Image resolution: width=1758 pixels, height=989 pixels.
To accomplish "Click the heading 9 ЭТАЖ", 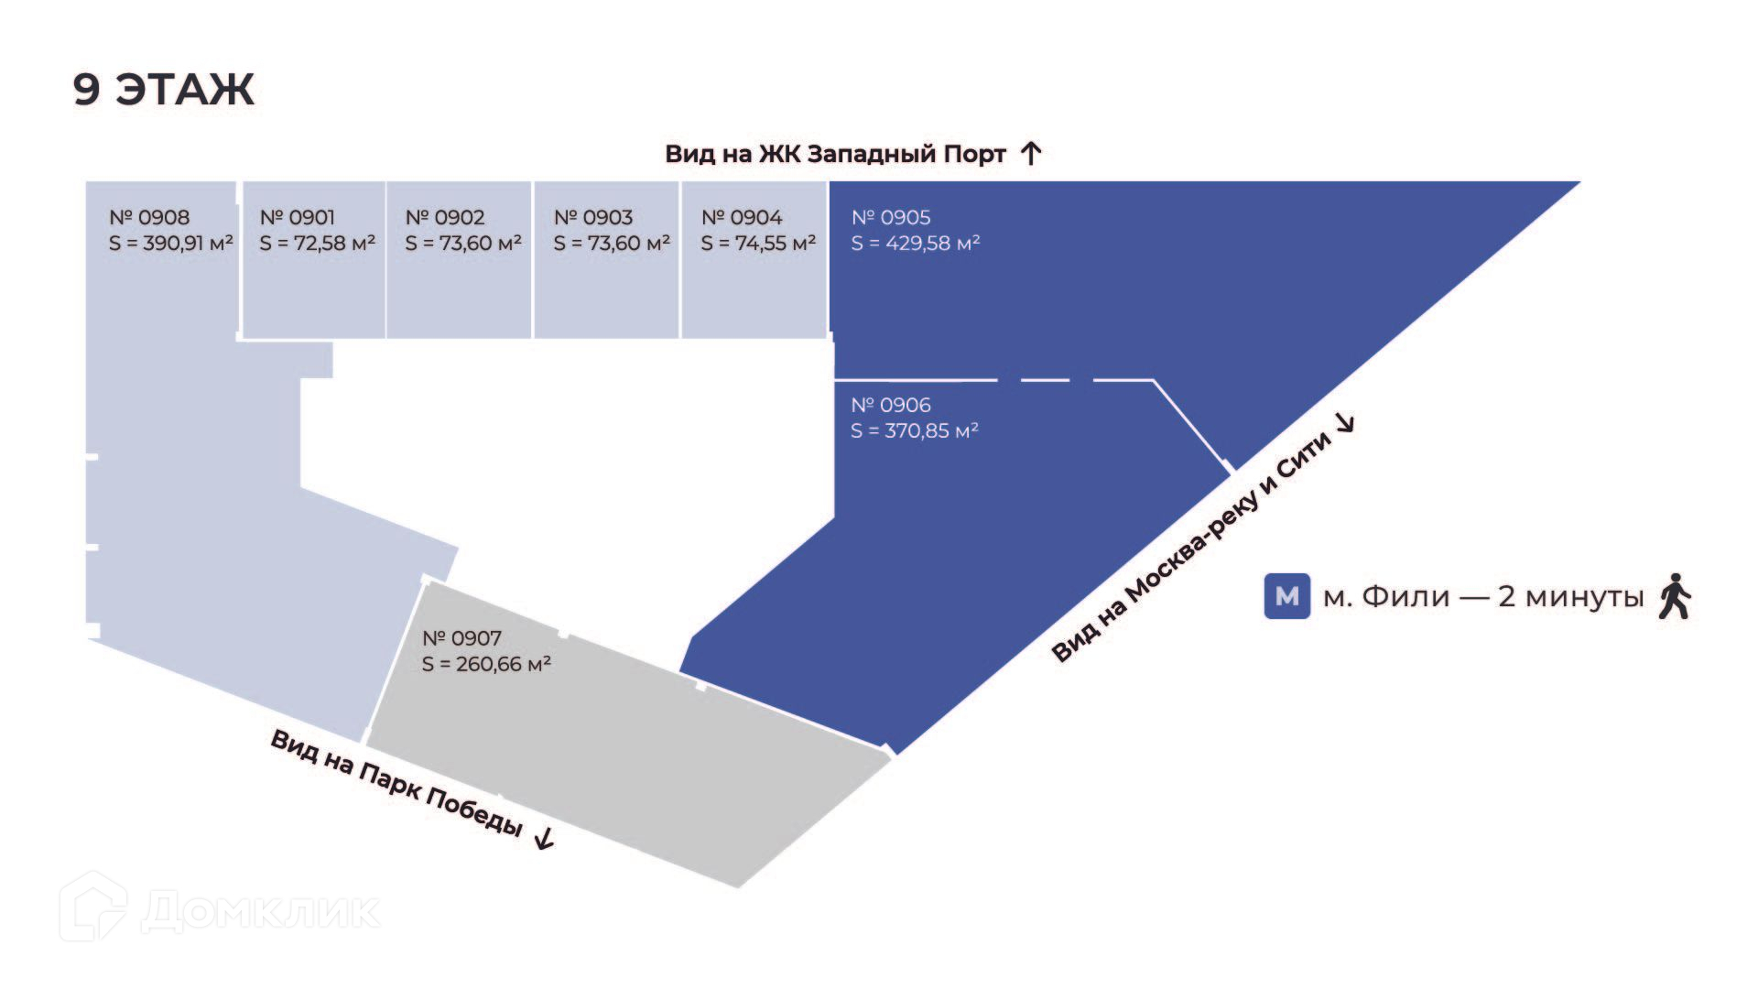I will pyautogui.click(x=163, y=90).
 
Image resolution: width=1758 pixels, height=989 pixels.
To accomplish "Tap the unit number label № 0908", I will pyautogui.click(x=149, y=218).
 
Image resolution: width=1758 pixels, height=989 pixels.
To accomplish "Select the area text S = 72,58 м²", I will pyautogui.click(x=317, y=244).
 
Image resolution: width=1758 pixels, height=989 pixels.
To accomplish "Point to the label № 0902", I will pyautogui.click(x=445, y=218).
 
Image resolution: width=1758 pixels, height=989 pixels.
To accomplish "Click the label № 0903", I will pyautogui.click(x=593, y=218).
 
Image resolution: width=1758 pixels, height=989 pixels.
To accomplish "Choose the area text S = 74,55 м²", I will pyautogui.click(x=758, y=244).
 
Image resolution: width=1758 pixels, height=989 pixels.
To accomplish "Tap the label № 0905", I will pyautogui.click(x=891, y=218).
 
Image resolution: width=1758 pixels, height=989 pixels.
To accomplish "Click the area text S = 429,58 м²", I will pyautogui.click(x=916, y=244).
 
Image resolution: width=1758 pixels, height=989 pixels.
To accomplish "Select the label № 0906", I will pyautogui.click(x=891, y=405).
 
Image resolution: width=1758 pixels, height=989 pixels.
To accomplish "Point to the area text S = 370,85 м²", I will pyautogui.click(x=915, y=430).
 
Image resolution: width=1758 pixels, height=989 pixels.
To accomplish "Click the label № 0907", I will pyautogui.click(x=461, y=638).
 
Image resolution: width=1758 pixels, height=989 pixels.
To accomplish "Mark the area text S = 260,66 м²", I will pyautogui.click(x=486, y=664).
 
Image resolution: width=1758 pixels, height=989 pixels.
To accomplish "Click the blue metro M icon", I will pyautogui.click(x=1286, y=596).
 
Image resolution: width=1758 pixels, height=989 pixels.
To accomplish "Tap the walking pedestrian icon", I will pyautogui.click(x=1675, y=596).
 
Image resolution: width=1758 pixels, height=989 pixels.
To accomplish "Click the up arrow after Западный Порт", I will pyautogui.click(x=1031, y=153).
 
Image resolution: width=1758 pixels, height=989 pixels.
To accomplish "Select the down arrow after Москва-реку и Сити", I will pyautogui.click(x=1345, y=422).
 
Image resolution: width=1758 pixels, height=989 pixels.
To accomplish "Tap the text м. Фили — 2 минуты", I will pyautogui.click(x=1483, y=597).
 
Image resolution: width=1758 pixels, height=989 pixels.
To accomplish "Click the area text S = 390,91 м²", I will pyautogui.click(x=171, y=244).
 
